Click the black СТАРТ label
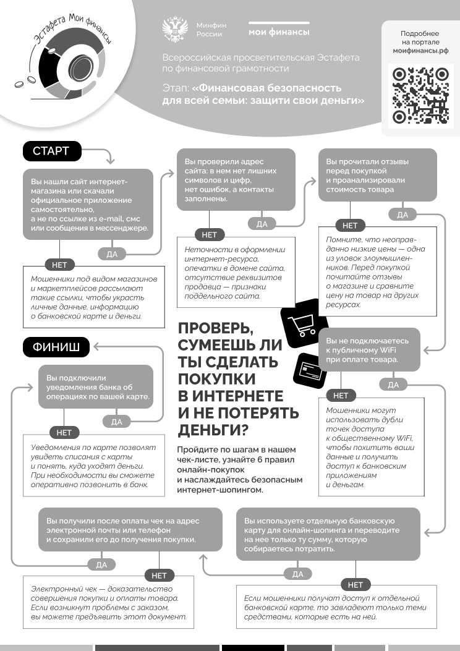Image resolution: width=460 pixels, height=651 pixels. tap(52, 151)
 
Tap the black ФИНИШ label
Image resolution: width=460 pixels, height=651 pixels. tap(56, 347)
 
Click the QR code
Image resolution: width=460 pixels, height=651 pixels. tap(420, 96)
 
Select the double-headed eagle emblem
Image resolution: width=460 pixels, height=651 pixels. tap(175, 29)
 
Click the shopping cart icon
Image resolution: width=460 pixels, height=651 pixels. tap(304, 323)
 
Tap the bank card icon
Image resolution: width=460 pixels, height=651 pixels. tap(310, 370)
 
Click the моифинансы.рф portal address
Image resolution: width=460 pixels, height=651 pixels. tap(420, 51)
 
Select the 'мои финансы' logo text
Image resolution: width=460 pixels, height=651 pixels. tap(279, 32)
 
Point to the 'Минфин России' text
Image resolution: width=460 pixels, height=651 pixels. tap(211, 30)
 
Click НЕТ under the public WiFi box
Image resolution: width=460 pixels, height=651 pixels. tap(341, 396)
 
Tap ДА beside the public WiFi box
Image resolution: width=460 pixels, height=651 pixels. tap(393, 385)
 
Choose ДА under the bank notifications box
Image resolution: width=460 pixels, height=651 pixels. tap(117, 422)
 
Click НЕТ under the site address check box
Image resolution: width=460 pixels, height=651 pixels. tap(209, 235)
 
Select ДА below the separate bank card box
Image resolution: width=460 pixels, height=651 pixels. tap(297, 574)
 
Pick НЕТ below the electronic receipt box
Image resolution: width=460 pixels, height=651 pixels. tap(159, 576)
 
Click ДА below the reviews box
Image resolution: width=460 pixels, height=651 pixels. tap(402, 215)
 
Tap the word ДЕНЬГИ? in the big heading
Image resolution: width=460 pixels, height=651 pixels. tap(213, 430)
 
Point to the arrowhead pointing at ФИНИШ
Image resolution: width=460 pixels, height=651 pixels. tap(96, 346)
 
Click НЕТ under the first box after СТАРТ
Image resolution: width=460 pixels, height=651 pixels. tap(59, 265)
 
